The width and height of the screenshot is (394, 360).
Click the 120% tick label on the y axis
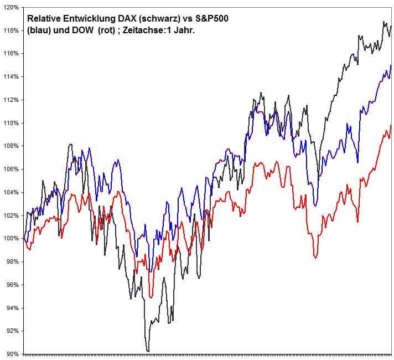pyautogui.click(x=11, y=7)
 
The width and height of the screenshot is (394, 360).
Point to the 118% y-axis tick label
pyautogui.click(x=11, y=30)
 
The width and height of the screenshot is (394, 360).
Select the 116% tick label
pyautogui.click(x=11, y=54)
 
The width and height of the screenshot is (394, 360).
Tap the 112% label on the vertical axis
pyautogui.click(x=11, y=100)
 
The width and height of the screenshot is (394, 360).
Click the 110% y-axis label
pyautogui.click(x=11, y=123)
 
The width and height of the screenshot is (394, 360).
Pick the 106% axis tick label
pyautogui.click(x=11, y=169)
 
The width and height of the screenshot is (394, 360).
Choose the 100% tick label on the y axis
pyautogui.click(x=11, y=238)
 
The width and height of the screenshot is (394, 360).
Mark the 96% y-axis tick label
pyautogui.click(x=12, y=285)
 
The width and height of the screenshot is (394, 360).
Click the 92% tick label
pyautogui.click(x=12, y=331)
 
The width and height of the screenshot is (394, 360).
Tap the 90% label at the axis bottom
pyautogui.click(x=12, y=354)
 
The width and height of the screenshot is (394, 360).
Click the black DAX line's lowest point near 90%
pyautogui.click(x=148, y=351)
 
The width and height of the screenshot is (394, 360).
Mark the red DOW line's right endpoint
pyautogui.click(x=391, y=126)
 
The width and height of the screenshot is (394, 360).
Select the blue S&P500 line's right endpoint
pyautogui.click(x=391, y=65)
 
